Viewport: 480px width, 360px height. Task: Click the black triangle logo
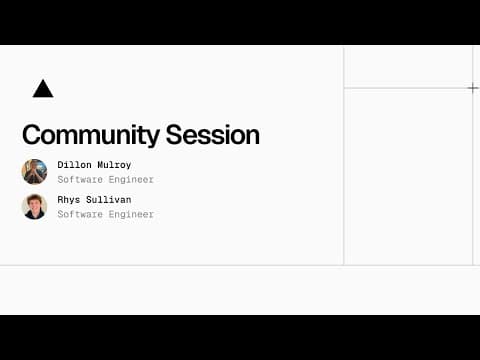point(42,89)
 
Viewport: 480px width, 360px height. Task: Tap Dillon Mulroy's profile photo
point(34,171)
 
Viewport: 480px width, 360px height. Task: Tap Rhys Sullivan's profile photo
point(34,207)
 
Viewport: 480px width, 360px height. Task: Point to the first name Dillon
point(75,164)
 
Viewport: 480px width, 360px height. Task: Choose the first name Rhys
point(69,200)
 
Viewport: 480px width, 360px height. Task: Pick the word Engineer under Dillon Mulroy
point(130,180)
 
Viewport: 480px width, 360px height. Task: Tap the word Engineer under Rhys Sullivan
point(130,215)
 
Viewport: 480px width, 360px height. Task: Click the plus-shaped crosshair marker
point(473,88)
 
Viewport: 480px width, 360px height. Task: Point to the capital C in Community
point(31,135)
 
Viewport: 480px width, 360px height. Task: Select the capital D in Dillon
point(60,164)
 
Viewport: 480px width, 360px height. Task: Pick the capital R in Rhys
point(60,200)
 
